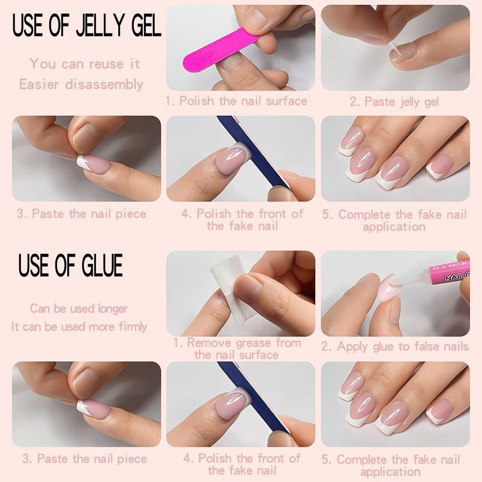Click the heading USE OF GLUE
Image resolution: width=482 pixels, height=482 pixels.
[70, 265]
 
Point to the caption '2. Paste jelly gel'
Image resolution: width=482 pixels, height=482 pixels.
[394, 102]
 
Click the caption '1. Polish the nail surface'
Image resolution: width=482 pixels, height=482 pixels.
[236, 101]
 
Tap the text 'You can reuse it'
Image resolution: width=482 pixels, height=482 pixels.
[84, 64]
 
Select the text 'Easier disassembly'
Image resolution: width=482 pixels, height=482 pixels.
[81, 84]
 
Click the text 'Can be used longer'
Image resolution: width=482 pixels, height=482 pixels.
[79, 308]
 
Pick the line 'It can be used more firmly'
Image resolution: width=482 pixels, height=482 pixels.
[79, 327]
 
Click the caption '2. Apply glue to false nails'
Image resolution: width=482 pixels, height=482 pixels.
[395, 347]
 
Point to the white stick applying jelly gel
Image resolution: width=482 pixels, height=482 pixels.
[393, 50]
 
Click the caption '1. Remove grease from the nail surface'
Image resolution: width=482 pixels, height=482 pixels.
[237, 349]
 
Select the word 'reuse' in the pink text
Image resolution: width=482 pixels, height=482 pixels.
[106, 64]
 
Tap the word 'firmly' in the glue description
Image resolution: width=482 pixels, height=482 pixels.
[133, 327]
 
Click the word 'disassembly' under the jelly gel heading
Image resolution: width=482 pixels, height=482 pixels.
[104, 84]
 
